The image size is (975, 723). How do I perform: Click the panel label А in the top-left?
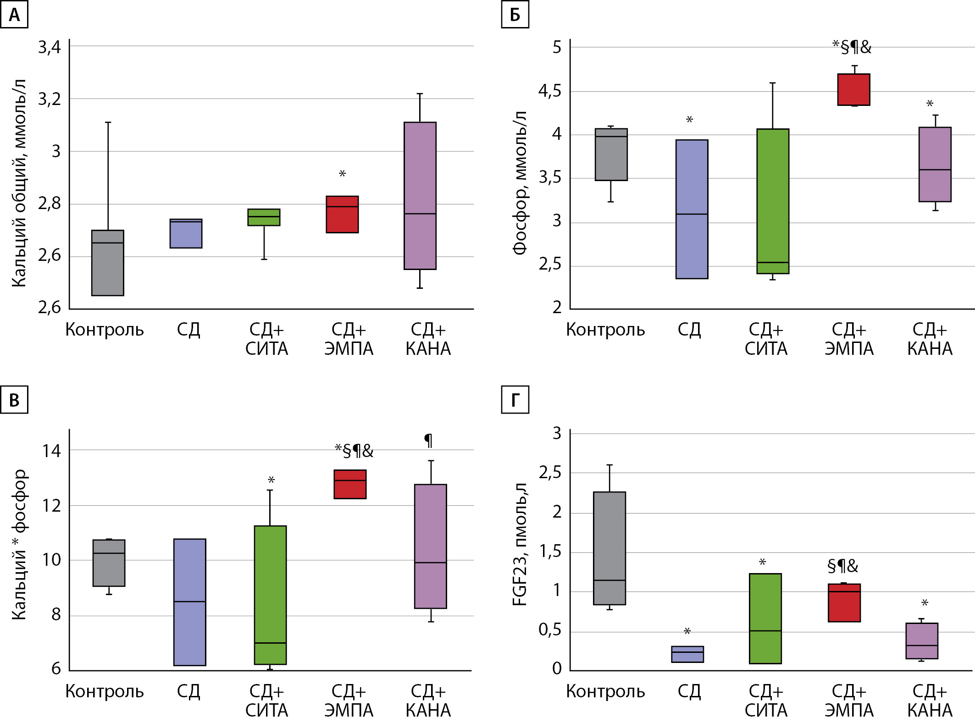point(14,15)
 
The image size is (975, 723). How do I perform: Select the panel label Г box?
point(515,400)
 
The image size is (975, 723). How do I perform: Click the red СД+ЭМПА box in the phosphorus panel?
point(853,90)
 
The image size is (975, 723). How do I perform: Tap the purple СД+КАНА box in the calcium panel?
point(420,195)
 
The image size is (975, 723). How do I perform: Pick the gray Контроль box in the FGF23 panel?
point(609,548)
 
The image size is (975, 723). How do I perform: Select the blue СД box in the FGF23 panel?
point(687,654)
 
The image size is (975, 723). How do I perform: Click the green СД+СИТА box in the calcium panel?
point(264,217)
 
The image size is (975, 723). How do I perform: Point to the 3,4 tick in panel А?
point(49,47)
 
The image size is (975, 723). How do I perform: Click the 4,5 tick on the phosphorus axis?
point(549,91)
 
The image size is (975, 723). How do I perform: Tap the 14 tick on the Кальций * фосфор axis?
point(51,451)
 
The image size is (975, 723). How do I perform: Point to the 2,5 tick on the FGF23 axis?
point(549,472)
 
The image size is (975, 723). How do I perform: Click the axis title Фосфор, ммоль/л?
point(520,182)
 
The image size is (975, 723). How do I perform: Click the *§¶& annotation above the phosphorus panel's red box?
point(852,47)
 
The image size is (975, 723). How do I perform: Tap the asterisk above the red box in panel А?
point(342,174)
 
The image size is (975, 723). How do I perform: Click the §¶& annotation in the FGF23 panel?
point(842,566)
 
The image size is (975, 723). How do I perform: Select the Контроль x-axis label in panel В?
point(105,691)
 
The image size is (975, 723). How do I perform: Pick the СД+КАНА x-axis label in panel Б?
point(930,339)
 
